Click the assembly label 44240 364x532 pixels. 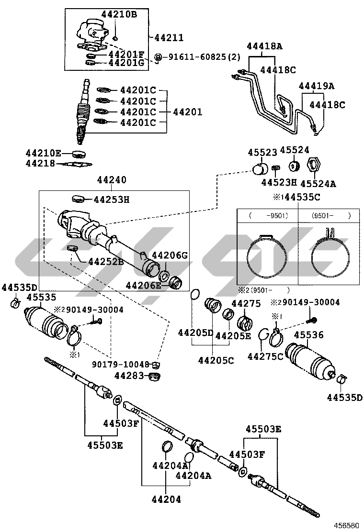coord(112,180)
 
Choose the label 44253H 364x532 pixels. coord(112,199)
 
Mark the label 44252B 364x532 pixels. coord(106,261)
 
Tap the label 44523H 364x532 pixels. coord(279,182)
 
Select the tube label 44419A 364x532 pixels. coord(317,86)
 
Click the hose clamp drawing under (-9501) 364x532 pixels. coord(267,256)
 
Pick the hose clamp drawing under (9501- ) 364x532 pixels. coord(328,255)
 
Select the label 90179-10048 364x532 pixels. coord(121,364)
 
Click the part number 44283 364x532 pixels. coord(129,376)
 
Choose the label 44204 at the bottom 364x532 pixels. coord(166,499)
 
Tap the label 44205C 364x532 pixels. coord(217,360)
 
